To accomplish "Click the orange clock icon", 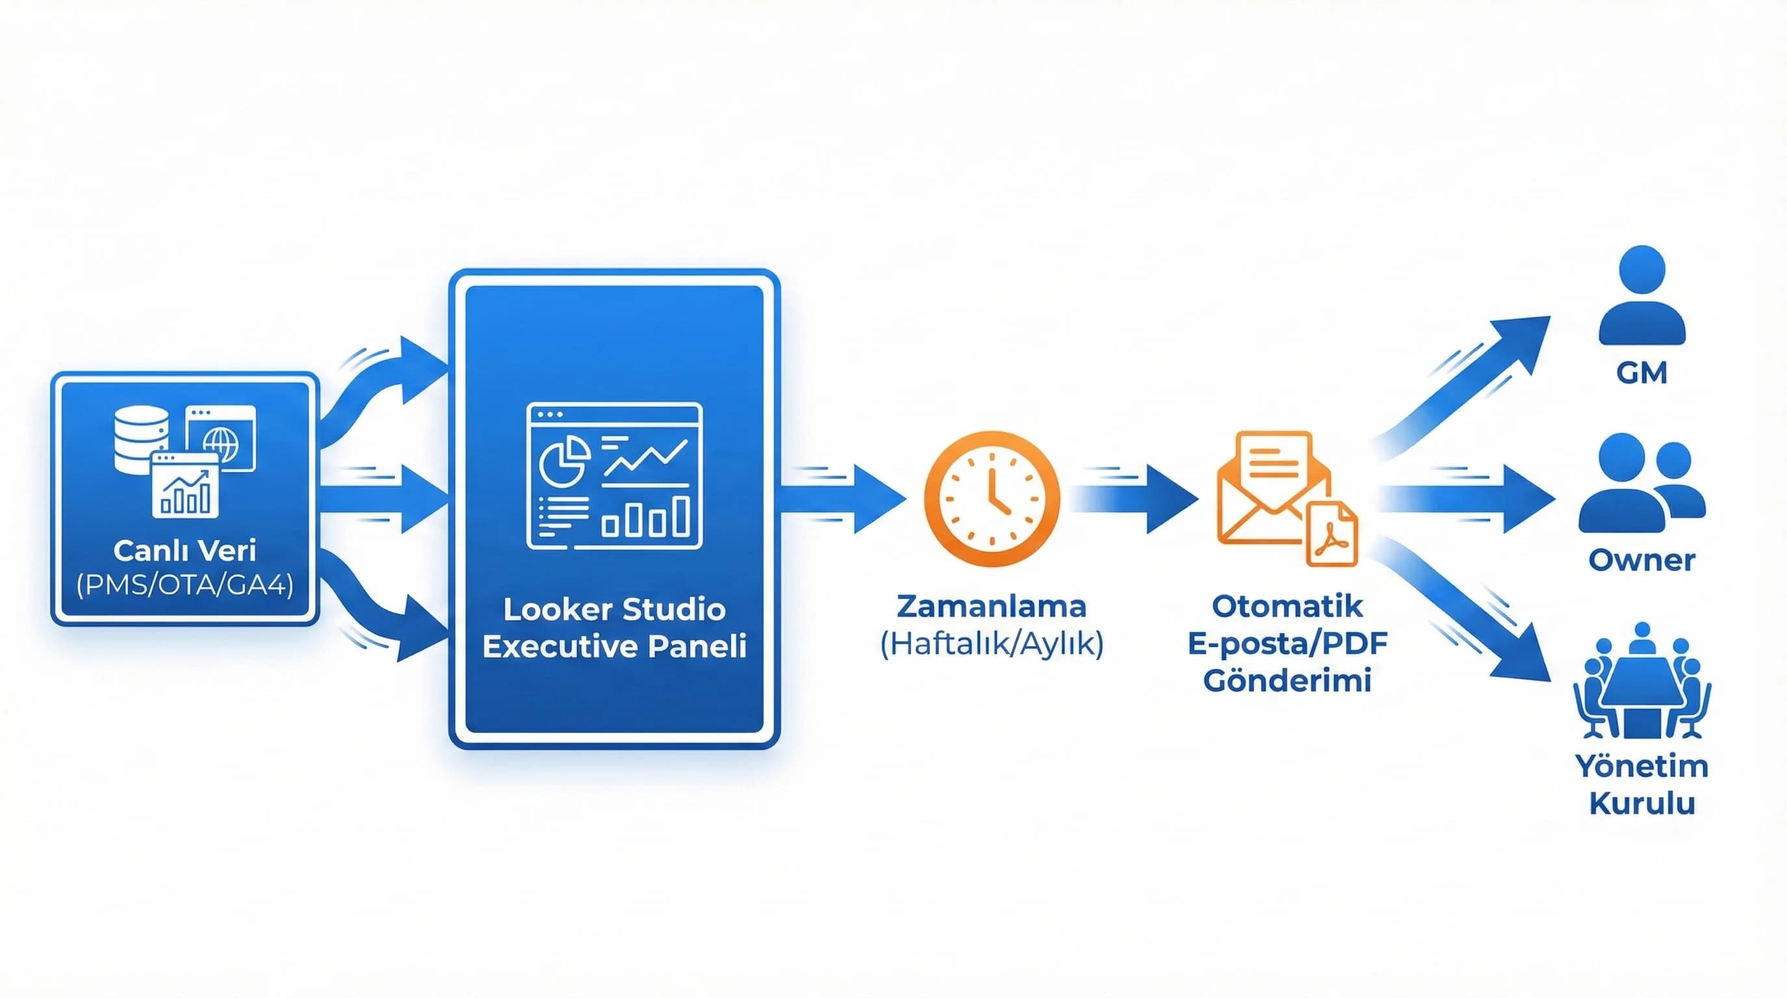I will pos(992,498).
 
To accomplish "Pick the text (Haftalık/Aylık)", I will pos(992,645).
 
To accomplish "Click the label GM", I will pos(1642,374).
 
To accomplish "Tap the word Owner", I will pos(1642,559).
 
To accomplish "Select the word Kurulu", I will pos(1642,804).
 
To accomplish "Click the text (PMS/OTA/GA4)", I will pos(184,585).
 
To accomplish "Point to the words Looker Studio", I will pos(614,609).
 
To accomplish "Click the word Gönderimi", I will pos(1287,680).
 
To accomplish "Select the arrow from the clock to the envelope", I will pos(1138,499).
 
